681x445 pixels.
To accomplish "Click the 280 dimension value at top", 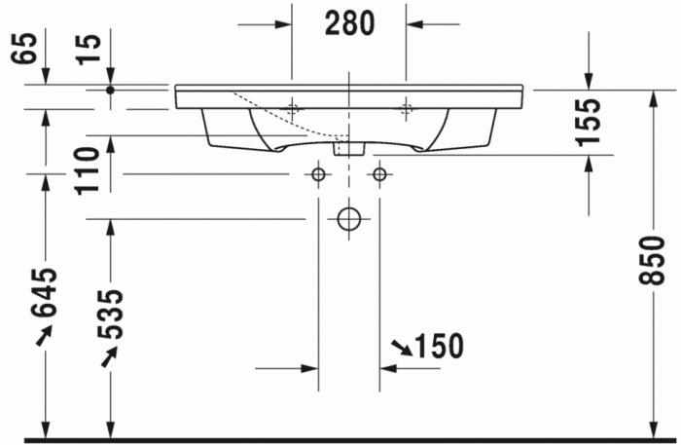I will [x=348, y=23].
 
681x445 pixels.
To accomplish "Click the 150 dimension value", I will [x=437, y=345].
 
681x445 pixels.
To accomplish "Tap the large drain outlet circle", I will [x=348, y=218].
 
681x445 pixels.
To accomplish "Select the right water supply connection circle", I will [x=378, y=174].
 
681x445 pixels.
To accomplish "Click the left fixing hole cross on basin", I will [x=292, y=107].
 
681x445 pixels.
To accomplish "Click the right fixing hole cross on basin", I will [x=406, y=107].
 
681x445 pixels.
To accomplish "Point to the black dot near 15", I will [x=110, y=90].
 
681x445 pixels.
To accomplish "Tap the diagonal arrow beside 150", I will [x=400, y=347].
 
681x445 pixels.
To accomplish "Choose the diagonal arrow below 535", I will [x=110, y=357].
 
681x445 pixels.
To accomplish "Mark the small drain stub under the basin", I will [x=348, y=149].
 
